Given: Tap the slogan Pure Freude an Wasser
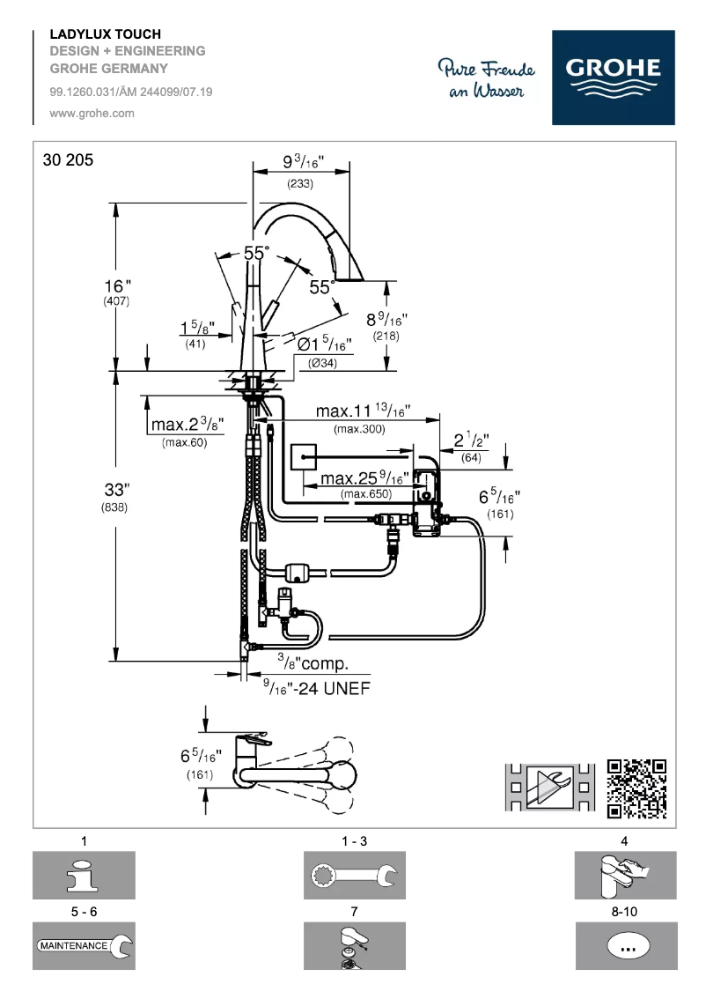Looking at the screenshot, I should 485,78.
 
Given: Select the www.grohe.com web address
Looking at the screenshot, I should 92,113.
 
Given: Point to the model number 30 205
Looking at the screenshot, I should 67,160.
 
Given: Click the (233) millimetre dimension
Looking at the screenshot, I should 300,184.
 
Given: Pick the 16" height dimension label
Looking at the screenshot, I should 117,286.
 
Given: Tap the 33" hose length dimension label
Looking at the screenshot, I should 116,489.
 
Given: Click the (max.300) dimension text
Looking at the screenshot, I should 363,429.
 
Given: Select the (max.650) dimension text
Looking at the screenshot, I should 366,494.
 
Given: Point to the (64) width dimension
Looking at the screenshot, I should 472,457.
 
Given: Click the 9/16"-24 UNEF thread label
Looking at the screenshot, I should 316,688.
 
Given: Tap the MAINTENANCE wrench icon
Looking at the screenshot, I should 85,945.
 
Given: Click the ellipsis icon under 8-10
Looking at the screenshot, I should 627,946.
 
